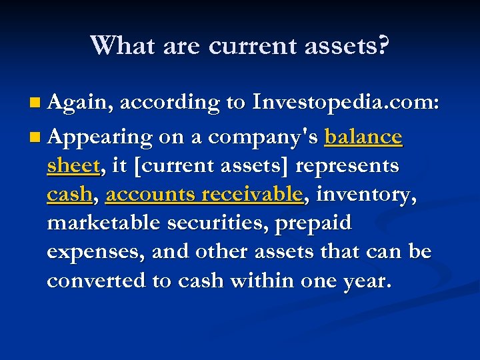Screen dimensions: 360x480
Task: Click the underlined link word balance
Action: tap(363, 137)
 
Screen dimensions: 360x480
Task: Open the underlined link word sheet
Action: tap(73, 165)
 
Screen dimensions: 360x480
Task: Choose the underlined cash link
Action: tap(68, 194)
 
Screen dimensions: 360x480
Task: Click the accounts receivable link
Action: tap(204, 194)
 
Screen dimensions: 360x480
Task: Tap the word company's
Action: tap(264, 137)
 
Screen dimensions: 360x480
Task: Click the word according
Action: tap(169, 103)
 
